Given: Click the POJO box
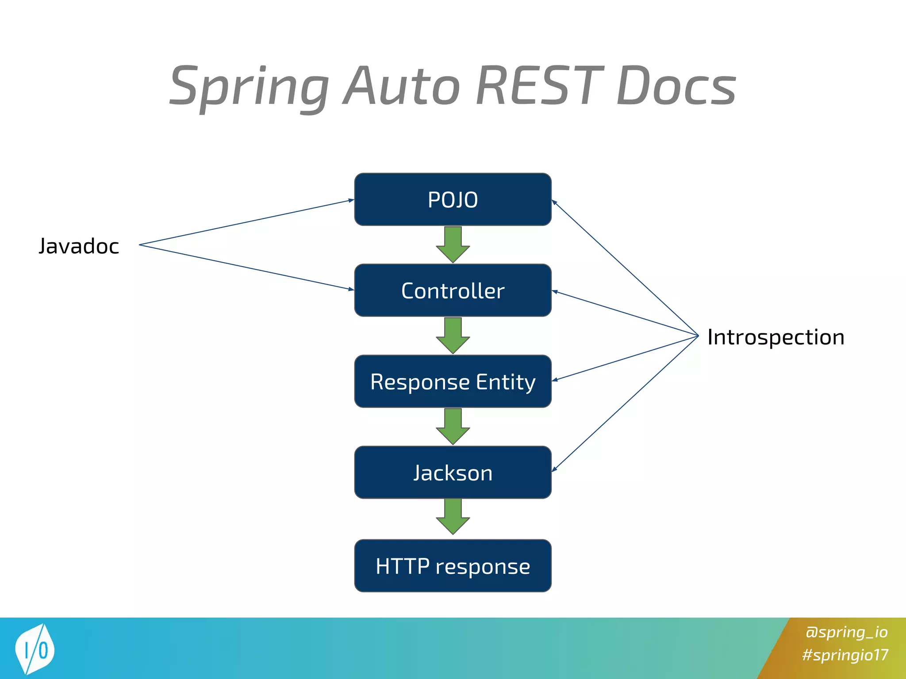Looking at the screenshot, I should pos(453,199).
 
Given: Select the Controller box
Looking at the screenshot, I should pos(453,290).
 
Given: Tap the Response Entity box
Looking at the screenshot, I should pos(453,381).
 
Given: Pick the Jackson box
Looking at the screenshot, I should pos(453,473).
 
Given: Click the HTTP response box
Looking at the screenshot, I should pos(453,566).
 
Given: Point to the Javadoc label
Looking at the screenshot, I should pos(79,246).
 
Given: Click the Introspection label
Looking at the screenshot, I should pos(775,337).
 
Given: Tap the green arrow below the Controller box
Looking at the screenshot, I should pos(453,336).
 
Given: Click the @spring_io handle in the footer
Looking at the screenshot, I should pos(846,632).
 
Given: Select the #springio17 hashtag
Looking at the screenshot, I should pos(845,655).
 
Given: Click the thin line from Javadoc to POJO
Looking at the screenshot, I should pos(246,222).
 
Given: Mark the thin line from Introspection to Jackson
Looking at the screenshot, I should pos(625,404).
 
